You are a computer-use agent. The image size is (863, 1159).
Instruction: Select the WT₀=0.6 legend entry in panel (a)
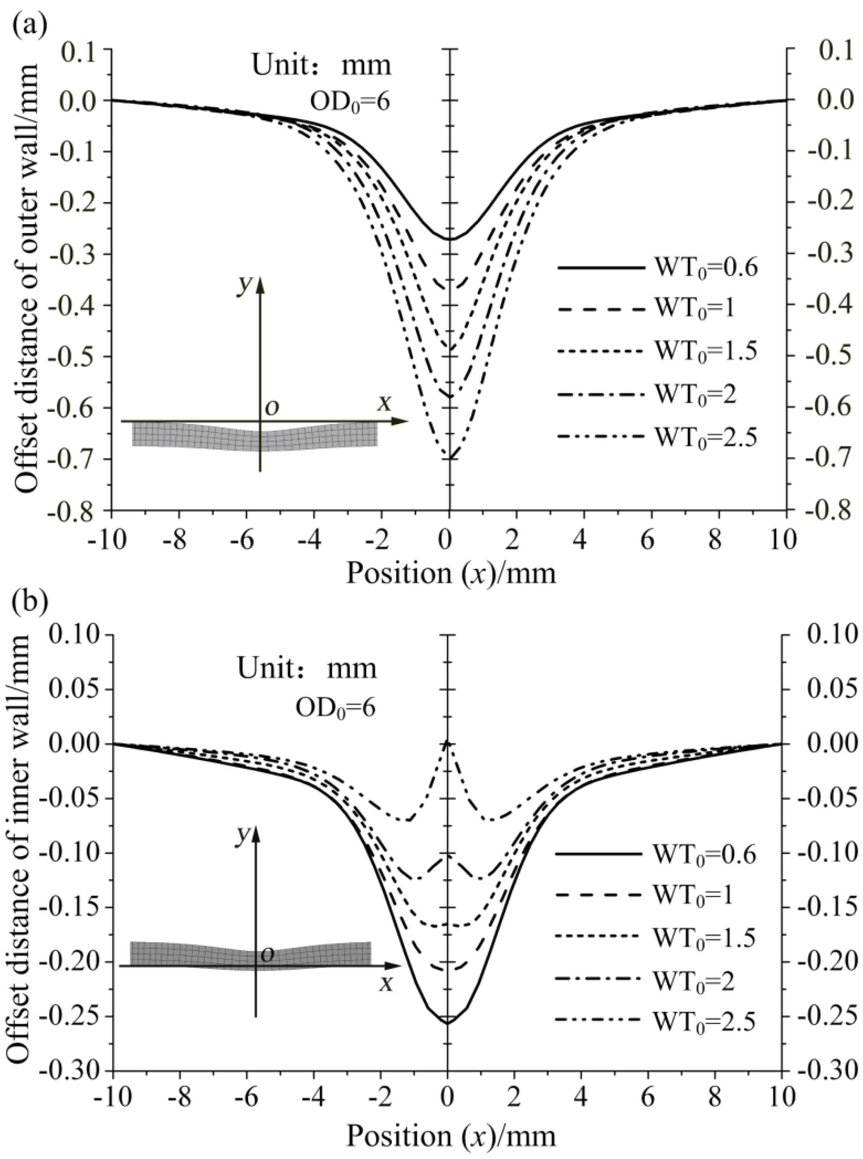coord(656,268)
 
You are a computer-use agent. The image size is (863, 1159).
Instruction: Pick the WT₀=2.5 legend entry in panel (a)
coord(656,436)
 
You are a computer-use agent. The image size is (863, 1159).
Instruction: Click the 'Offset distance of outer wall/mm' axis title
coord(25,277)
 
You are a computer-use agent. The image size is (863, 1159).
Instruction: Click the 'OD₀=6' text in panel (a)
coord(350,102)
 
